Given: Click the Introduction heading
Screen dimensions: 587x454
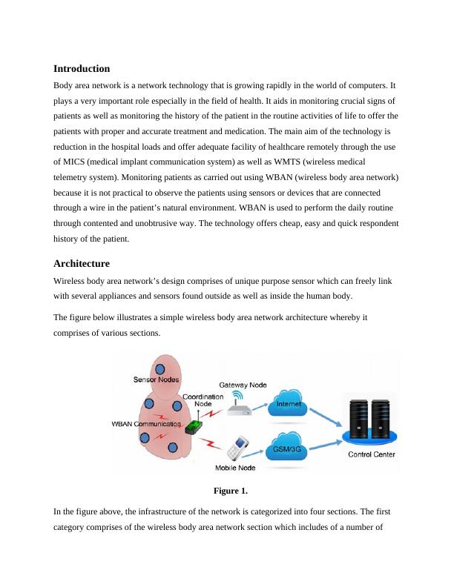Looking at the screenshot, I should click(x=82, y=68).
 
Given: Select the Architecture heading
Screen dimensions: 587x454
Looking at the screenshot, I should click(x=82, y=264).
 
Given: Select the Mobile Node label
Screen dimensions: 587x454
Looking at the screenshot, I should click(x=235, y=468).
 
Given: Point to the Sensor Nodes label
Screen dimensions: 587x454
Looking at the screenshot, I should click(x=154, y=379).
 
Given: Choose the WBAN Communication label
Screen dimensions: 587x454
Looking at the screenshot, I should click(x=146, y=424).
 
